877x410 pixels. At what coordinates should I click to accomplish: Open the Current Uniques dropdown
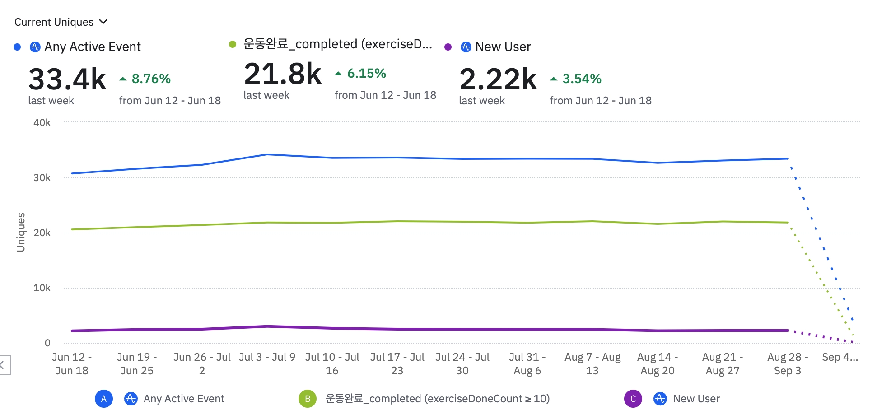click(x=61, y=22)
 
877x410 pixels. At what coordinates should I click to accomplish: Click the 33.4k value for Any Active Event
click(x=67, y=79)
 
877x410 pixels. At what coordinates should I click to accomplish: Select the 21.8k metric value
click(x=283, y=74)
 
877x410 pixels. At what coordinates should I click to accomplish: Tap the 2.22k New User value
click(x=498, y=79)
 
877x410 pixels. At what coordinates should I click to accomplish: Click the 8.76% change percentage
click(x=151, y=79)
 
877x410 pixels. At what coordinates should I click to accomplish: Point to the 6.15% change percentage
click(x=366, y=74)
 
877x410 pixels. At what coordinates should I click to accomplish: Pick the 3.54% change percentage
click(x=582, y=79)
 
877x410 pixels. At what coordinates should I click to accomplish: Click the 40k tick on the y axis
click(x=42, y=123)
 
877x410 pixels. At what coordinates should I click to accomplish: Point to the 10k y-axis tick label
click(x=42, y=288)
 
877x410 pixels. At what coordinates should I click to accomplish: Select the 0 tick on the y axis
click(x=47, y=343)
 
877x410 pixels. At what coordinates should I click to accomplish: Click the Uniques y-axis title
click(x=21, y=232)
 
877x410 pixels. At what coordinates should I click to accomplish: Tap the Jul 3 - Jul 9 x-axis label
click(x=267, y=357)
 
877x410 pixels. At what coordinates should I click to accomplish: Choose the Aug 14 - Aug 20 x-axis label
click(x=657, y=364)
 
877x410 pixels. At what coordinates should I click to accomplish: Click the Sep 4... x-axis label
click(x=840, y=357)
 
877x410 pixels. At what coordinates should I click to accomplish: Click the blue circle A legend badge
click(x=104, y=399)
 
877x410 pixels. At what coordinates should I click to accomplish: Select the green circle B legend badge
click(x=308, y=399)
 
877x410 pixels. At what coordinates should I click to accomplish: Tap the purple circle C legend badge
click(x=633, y=399)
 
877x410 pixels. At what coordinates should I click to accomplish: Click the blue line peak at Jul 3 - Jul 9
click(x=267, y=154)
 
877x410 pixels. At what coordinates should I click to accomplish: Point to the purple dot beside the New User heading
click(x=448, y=47)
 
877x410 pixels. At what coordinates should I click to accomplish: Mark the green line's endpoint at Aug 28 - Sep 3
click(x=788, y=223)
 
